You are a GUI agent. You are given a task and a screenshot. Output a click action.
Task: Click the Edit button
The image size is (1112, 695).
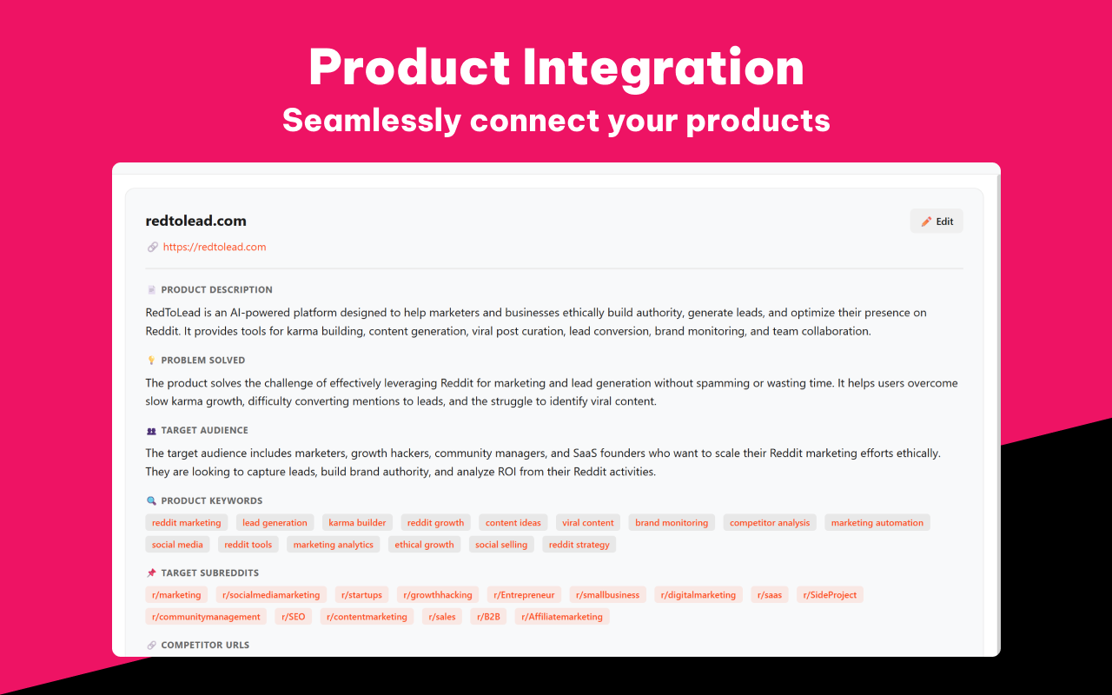coord(937,222)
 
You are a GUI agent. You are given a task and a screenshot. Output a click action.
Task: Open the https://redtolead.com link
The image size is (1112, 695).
coord(215,247)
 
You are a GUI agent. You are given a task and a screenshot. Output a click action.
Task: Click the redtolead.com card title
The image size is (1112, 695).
coord(196,221)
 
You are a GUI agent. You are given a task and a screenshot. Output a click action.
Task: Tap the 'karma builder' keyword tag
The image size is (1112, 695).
coord(357,523)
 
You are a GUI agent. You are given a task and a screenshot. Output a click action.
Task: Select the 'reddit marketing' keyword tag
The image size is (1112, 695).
coord(186,523)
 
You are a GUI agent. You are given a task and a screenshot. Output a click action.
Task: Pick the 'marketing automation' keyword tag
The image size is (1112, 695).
coord(877,523)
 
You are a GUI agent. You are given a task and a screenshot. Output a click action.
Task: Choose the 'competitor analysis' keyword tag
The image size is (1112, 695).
coord(769,523)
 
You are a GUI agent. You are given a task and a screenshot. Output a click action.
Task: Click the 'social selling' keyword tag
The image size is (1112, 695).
coord(501,545)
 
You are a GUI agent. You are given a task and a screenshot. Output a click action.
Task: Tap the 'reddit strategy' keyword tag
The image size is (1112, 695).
coord(579,545)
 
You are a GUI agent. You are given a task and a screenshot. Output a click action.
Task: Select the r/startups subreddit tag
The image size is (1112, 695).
coord(361,595)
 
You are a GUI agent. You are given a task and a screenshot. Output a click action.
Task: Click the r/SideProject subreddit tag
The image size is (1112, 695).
coord(830,595)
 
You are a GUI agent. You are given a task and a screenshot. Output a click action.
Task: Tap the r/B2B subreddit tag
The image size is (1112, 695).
coord(488,617)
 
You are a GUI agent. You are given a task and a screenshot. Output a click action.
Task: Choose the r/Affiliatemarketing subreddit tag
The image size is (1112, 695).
coord(562,617)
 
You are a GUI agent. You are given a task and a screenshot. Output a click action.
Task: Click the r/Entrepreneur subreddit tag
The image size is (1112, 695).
coord(524,595)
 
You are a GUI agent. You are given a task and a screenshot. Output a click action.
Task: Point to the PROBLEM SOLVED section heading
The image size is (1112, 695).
coord(202,360)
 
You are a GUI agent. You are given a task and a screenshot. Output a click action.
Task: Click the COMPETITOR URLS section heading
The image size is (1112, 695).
coord(205,645)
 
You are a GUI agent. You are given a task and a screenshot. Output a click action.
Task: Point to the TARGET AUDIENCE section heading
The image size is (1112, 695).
coord(204,430)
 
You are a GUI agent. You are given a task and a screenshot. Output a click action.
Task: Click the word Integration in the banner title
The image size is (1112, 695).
coord(662,67)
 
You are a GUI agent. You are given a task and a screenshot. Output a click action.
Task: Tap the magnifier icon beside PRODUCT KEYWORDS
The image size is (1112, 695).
coord(151,500)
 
